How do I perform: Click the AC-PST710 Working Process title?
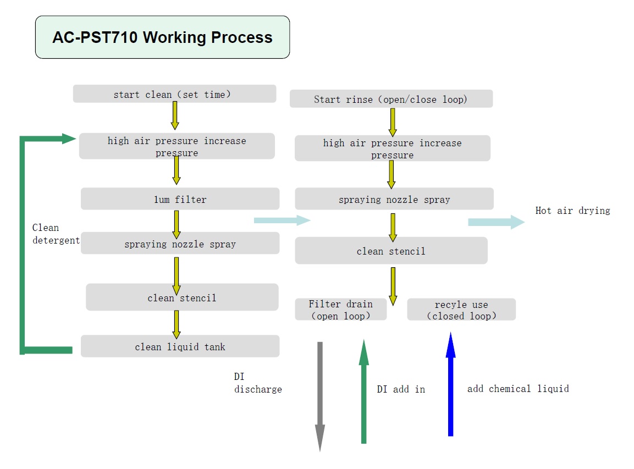[163, 37]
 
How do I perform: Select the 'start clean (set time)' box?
[175, 94]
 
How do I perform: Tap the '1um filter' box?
[180, 199]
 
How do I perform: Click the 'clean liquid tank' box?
[180, 346]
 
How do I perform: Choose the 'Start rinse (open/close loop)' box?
[391, 98]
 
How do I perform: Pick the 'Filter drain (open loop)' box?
[340, 310]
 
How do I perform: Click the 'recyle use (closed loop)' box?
[461, 310]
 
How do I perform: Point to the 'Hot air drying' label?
[572, 211]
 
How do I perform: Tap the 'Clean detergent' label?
[56, 234]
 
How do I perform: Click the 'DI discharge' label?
[258, 383]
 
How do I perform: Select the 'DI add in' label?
[401, 389]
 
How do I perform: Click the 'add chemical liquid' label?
[518, 389]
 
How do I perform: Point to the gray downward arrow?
[320, 396]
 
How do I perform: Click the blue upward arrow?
[450, 384]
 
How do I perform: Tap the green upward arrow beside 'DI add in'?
[364, 391]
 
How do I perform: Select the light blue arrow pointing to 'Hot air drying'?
[497, 222]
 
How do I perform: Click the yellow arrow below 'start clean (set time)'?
[175, 115]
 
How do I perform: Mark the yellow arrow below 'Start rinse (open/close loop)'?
[392, 123]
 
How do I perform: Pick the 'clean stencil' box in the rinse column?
[391, 251]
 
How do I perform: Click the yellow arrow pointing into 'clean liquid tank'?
[177, 324]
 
